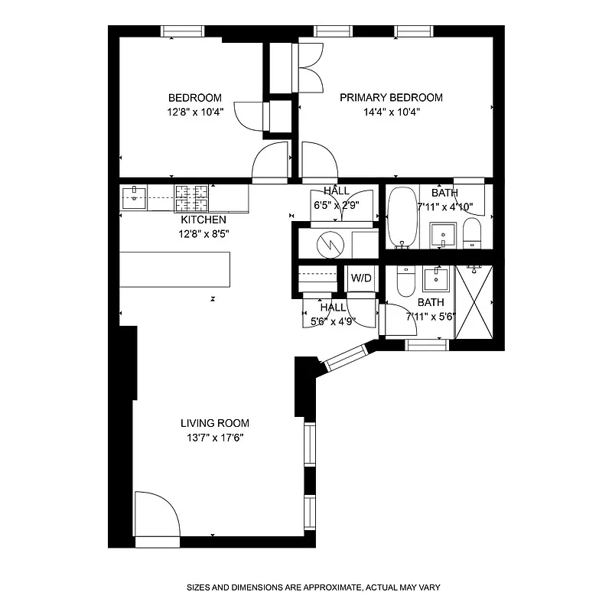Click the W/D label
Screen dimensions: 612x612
click(x=361, y=278)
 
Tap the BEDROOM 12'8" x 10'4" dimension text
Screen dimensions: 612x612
click(x=195, y=112)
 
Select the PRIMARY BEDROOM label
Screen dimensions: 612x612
click(x=391, y=97)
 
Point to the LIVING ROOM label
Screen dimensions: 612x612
click(x=215, y=423)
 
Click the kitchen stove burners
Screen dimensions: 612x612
click(x=191, y=198)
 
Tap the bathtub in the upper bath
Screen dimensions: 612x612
click(x=400, y=218)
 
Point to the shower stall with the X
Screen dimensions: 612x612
click(x=474, y=301)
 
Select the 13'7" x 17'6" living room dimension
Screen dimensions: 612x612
click(x=215, y=438)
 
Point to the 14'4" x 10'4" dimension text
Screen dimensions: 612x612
click(x=391, y=112)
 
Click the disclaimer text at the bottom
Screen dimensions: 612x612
click(x=314, y=588)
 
